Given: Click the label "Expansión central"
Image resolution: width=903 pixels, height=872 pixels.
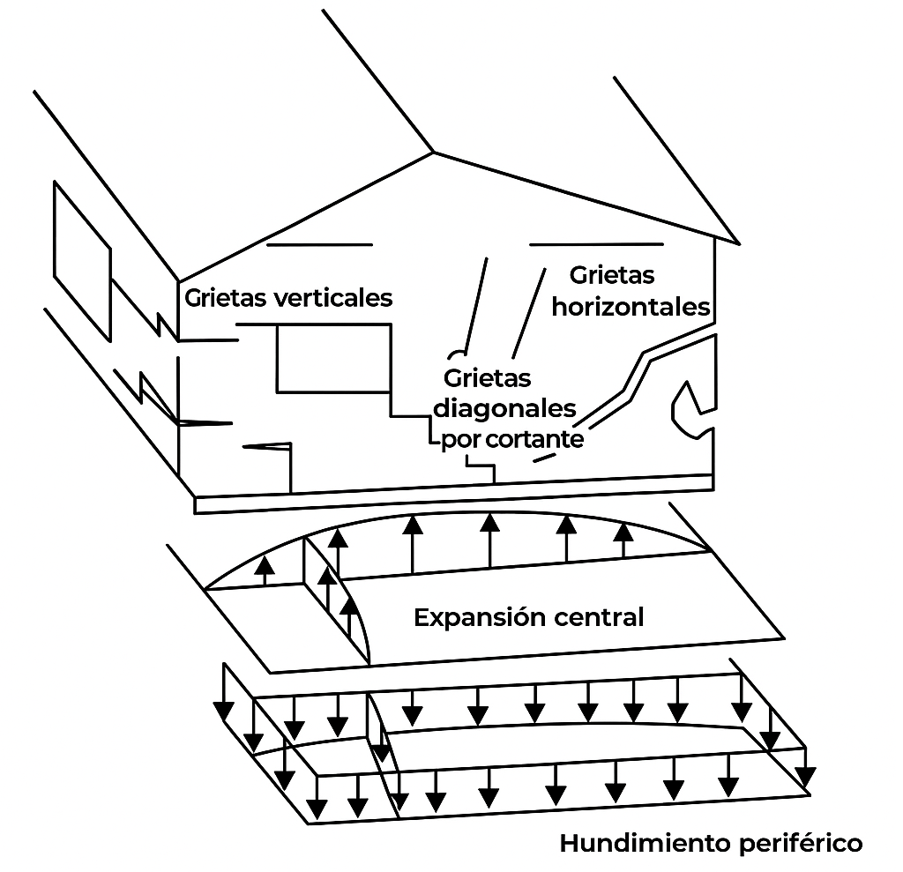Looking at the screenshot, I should [x=528, y=617].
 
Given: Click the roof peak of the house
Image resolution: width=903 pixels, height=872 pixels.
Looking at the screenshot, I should [x=433, y=152].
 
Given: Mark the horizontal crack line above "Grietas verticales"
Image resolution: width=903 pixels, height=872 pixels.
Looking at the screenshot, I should [x=319, y=244].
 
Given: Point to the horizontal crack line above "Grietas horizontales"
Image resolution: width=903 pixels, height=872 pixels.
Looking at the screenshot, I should [x=595, y=242].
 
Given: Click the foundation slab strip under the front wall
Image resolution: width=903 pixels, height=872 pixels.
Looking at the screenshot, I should [x=453, y=494].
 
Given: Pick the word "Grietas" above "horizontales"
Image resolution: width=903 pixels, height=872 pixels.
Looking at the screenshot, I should [x=612, y=276].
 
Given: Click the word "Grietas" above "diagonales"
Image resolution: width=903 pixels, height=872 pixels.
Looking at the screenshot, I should [x=488, y=379].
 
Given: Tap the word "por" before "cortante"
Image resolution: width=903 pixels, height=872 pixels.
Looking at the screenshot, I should [x=460, y=439].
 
